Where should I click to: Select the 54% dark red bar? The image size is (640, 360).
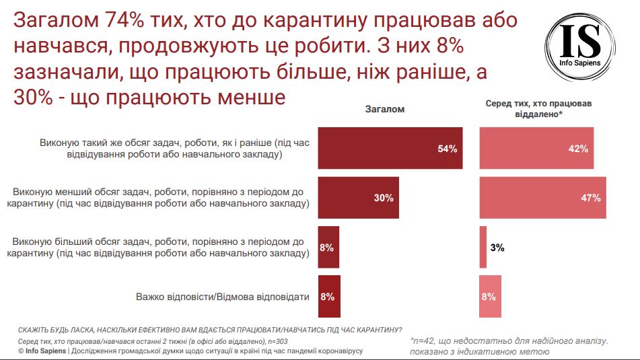(390, 148)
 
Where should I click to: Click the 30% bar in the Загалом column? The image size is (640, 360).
(358, 198)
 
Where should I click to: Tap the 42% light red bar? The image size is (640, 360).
(536, 148)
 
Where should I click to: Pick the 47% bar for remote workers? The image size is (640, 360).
(542, 198)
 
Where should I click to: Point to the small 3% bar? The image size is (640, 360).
(483, 247)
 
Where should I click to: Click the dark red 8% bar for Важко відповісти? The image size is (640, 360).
(329, 296)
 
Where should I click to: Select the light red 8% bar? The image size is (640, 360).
(490, 296)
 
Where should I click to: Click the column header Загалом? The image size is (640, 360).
(385, 108)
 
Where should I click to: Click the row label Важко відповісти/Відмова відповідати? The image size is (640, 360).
(222, 296)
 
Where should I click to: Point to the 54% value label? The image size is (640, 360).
(447, 149)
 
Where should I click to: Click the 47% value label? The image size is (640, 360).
(590, 198)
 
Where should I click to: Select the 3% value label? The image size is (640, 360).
(497, 248)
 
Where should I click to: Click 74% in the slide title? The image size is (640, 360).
(120, 21)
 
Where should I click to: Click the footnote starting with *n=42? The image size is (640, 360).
(509, 342)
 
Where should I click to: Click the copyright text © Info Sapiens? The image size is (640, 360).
(42, 351)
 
